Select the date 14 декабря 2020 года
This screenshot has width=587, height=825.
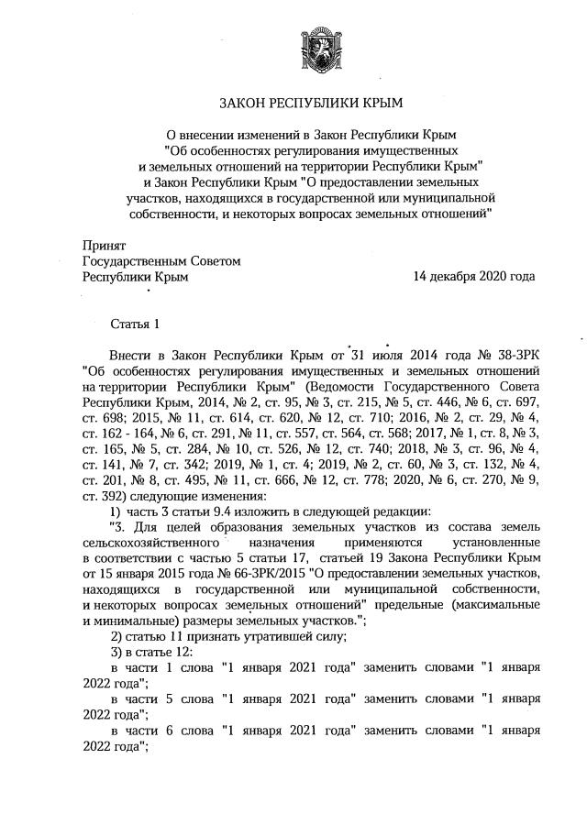click(x=473, y=276)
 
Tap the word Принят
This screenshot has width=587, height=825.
click(x=104, y=247)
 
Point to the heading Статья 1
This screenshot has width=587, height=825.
click(x=135, y=324)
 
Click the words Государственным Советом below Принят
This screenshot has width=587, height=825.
click(x=161, y=261)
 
